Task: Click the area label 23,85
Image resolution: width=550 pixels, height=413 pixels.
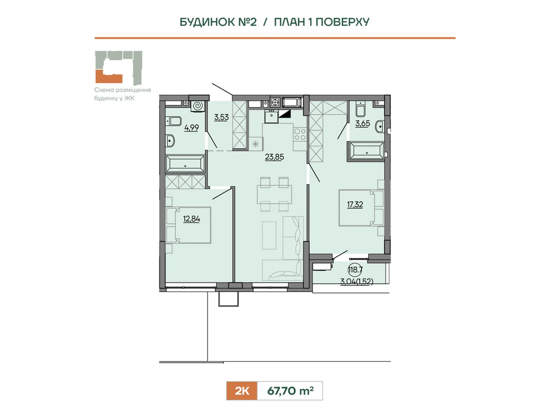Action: pyautogui.click(x=274, y=157)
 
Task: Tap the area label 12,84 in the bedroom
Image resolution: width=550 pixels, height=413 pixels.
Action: pyautogui.click(x=191, y=219)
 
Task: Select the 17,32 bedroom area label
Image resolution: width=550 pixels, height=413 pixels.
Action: pyautogui.click(x=355, y=205)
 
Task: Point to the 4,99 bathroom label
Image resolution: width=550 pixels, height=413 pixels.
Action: pyautogui.click(x=191, y=128)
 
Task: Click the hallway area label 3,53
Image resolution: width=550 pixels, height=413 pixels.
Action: pyautogui.click(x=221, y=117)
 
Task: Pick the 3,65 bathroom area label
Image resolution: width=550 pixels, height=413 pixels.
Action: pyautogui.click(x=363, y=124)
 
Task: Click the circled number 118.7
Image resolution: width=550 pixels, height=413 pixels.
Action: pyautogui.click(x=355, y=270)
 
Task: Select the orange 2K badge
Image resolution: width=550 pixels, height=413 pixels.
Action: pyautogui.click(x=242, y=391)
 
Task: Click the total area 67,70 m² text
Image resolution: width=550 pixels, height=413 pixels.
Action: pyautogui.click(x=290, y=391)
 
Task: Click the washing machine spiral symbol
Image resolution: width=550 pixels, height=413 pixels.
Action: pyautogui.click(x=198, y=106)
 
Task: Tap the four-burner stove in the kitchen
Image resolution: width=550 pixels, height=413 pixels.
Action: pyautogui.click(x=300, y=134)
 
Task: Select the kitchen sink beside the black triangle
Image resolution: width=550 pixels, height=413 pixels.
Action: pyautogui.click(x=271, y=117)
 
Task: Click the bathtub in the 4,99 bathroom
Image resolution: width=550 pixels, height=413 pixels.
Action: pyautogui.click(x=185, y=164)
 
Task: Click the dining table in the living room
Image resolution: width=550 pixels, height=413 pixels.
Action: pyautogui.click(x=274, y=194)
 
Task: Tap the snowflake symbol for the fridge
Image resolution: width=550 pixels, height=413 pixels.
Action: pyautogui.click(x=255, y=144)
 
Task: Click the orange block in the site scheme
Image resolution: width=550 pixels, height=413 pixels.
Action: pyautogui.click(x=109, y=76)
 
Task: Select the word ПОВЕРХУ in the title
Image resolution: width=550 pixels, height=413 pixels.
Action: pyautogui.click(x=342, y=22)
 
